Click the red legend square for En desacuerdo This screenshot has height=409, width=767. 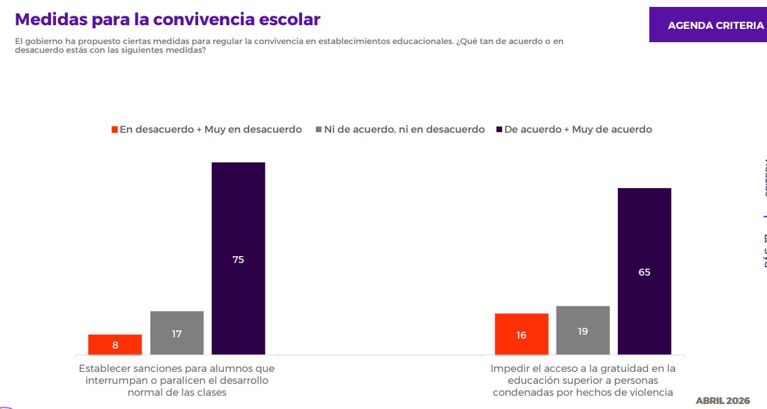[x=115, y=130]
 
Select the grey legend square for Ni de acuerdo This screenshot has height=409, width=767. [x=319, y=130]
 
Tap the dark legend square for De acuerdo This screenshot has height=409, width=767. [x=499, y=130]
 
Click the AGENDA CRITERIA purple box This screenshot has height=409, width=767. [x=708, y=25]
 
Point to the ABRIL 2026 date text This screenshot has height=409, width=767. [x=722, y=400]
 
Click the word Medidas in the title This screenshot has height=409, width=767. [x=51, y=20]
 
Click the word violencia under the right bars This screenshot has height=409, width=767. [x=651, y=392]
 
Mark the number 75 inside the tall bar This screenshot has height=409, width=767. [x=238, y=259]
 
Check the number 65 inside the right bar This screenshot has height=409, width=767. [x=644, y=272]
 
